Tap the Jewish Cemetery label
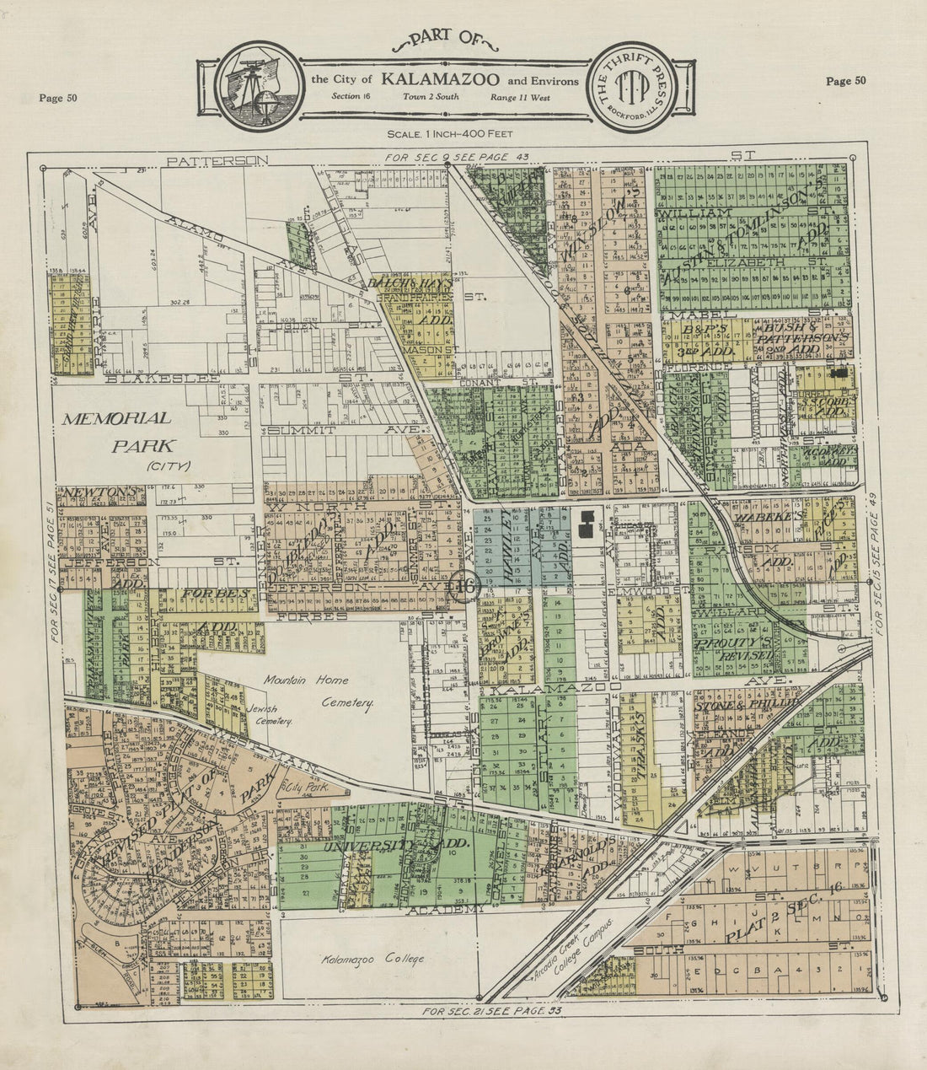270,716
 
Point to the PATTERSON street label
217,160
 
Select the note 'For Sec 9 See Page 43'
455,158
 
